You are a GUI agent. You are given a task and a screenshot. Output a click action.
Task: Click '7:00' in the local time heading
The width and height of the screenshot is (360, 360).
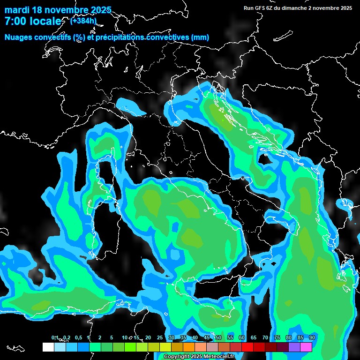(15, 22)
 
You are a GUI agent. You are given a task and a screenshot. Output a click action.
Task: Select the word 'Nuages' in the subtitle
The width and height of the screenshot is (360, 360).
(18, 37)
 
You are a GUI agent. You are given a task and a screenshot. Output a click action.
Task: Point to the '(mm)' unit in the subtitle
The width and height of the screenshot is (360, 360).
(200, 37)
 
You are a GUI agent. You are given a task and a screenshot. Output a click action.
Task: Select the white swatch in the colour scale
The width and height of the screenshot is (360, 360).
(48, 347)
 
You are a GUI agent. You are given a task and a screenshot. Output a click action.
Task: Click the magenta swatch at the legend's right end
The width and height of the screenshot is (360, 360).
(306, 347)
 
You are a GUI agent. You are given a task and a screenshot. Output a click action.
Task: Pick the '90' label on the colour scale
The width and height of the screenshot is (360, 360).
(312, 338)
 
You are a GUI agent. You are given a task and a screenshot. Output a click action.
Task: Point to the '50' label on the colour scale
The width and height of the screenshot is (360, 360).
(218, 338)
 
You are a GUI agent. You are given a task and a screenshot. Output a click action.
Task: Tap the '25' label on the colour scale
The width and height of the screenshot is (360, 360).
(160, 338)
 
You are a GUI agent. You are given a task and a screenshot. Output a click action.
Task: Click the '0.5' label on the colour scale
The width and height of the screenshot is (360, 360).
(78, 338)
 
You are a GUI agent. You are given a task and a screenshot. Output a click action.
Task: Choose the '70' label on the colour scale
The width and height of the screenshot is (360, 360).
(265, 338)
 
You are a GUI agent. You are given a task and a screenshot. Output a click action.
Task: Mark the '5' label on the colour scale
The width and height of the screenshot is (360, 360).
(112, 338)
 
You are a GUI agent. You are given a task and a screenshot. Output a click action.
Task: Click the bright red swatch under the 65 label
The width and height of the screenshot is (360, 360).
(247, 347)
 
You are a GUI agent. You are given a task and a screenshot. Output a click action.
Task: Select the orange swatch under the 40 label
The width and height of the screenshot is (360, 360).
(189, 347)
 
